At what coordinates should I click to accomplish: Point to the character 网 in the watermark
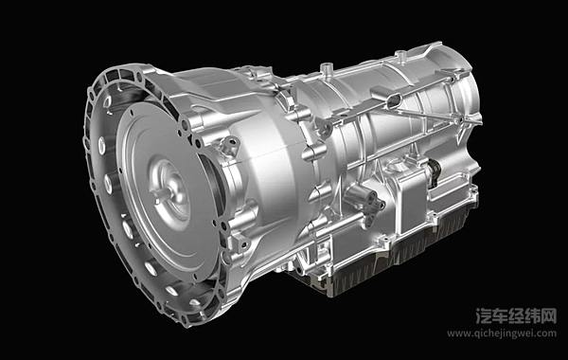click(548, 316)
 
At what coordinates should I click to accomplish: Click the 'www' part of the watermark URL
click(458, 333)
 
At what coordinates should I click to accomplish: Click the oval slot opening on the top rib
click(394, 100)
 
